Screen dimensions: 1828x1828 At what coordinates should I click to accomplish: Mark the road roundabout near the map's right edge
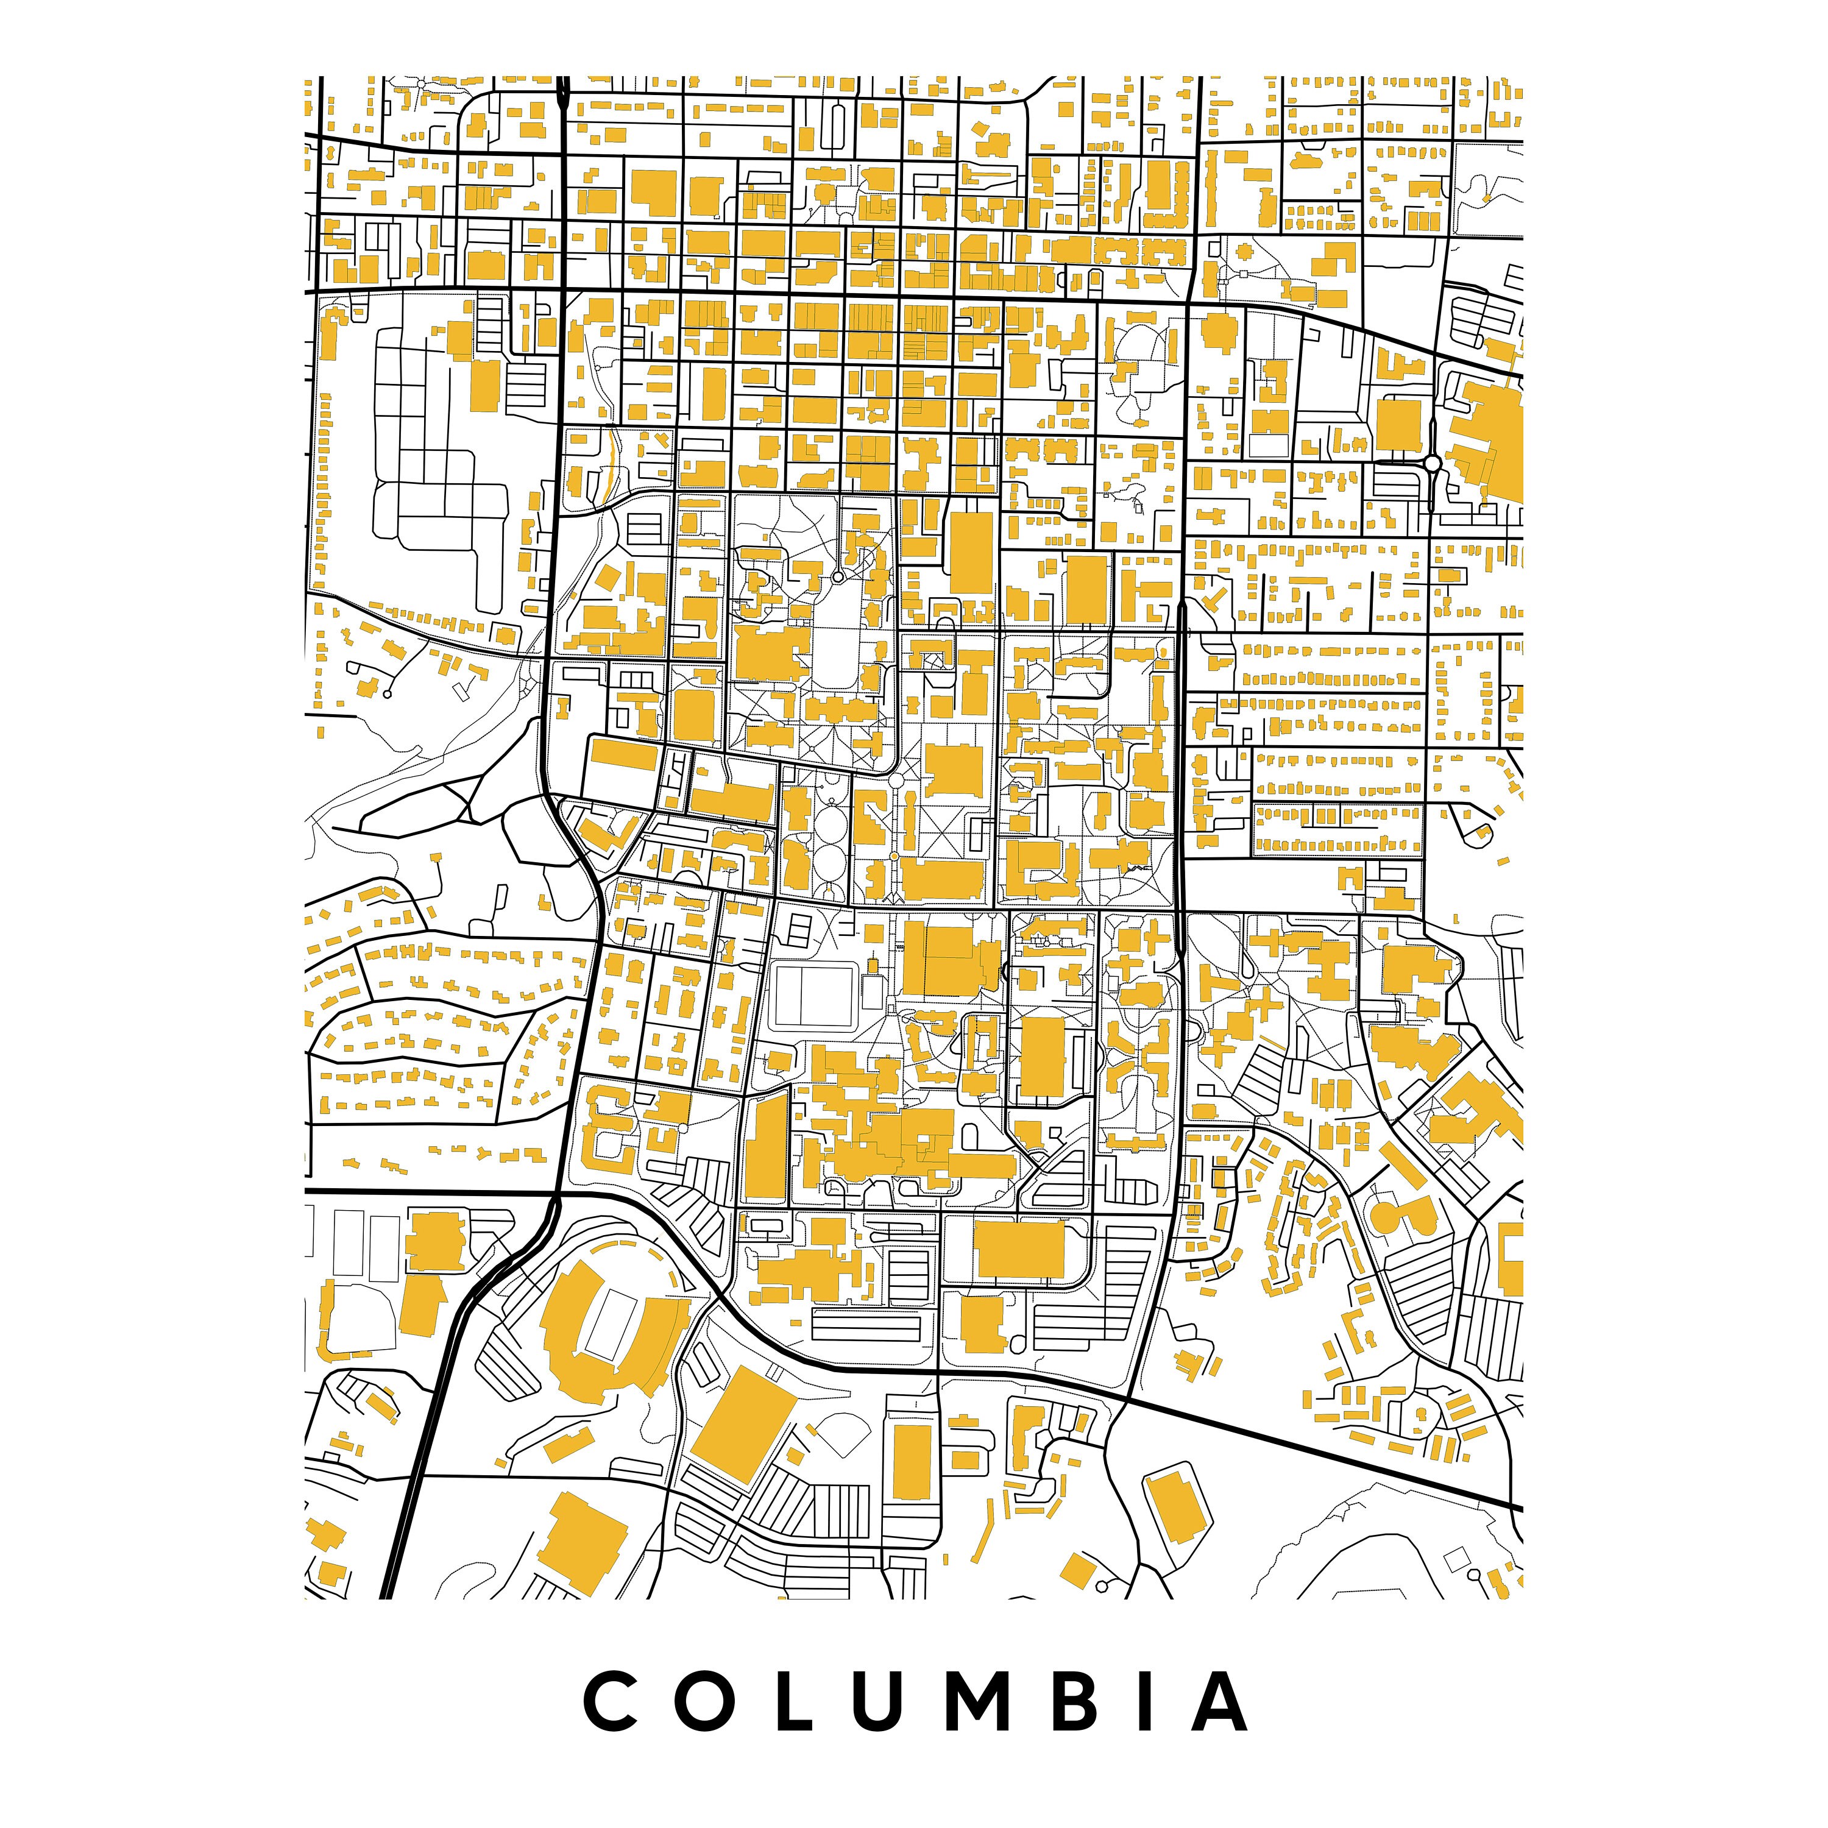click(x=1433, y=462)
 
